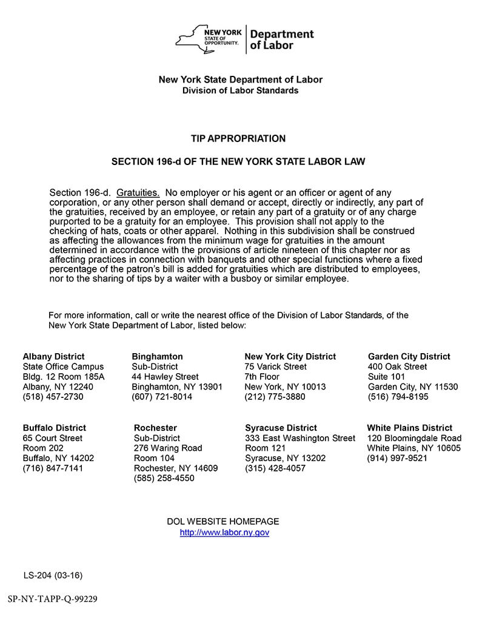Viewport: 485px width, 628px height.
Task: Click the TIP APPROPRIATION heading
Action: point(238,139)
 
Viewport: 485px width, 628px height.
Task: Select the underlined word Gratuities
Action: point(138,192)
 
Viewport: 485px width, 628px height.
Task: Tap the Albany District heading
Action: point(54,357)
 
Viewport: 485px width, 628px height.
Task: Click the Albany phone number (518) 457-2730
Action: point(53,397)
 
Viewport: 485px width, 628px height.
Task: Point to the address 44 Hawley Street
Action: point(165,377)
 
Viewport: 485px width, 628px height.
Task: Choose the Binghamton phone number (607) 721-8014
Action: point(162,397)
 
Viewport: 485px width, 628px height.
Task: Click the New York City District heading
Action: point(290,357)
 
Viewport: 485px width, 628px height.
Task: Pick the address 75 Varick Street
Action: point(276,367)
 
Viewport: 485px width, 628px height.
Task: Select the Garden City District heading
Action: point(409,357)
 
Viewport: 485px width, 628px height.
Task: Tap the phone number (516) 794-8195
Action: point(398,397)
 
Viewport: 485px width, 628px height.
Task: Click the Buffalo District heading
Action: point(55,428)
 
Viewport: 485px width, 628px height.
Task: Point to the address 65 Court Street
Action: point(53,438)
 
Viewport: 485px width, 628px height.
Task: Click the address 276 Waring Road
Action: point(168,448)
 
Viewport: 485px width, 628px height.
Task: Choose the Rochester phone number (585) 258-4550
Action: point(164,479)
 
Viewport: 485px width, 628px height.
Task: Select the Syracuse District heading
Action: point(281,428)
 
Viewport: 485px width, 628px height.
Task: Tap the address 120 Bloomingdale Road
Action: point(414,438)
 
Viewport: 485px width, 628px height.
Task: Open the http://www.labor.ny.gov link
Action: point(224,533)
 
